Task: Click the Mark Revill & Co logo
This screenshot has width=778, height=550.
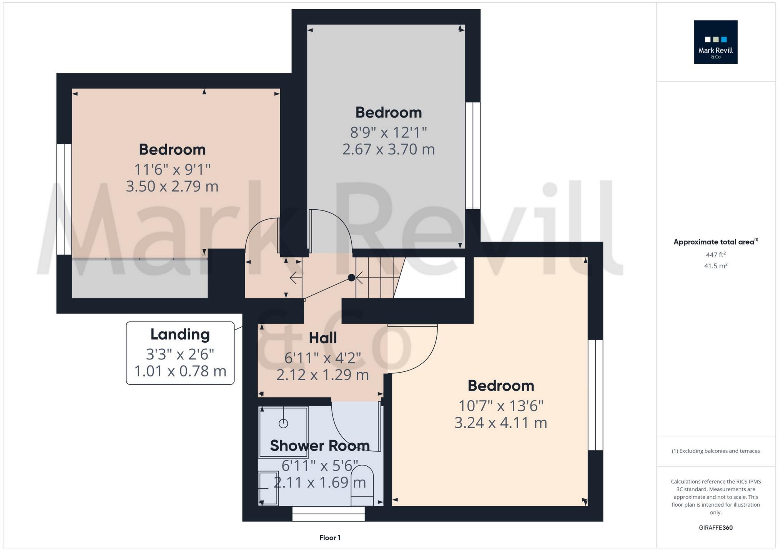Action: click(x=715, y=42)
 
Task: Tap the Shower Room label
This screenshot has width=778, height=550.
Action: click(x=319, y=446)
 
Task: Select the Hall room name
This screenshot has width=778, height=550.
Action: click(x=323, y=338)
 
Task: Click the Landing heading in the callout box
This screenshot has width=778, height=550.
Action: click(x=180, y=334)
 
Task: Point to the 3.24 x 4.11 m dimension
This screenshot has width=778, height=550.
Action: click(x=500, y=422)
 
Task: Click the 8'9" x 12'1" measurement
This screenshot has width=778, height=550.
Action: click(x=388, y=133)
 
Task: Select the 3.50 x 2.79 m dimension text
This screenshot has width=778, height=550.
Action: click(x=172, y=186)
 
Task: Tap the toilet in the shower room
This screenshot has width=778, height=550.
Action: click(x=362, y=485)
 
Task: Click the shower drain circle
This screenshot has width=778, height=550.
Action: click(x=283, y=424)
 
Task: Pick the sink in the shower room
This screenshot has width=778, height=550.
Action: click(x=268, y=488)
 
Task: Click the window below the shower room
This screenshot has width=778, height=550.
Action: click(x=328, y=514)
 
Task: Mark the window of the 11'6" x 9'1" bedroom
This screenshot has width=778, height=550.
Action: click(x=64, y=199)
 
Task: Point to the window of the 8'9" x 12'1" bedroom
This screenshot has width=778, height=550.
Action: click(x=473, y=155)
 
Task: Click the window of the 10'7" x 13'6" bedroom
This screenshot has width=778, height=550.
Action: click(x=595, y=394)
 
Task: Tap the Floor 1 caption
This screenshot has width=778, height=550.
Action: click(x=330, y=538)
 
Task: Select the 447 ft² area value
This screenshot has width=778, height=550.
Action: click(x=715, y=255)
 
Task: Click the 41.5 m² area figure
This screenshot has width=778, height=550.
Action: click(x=715, y=266)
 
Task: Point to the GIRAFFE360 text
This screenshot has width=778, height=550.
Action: click(x=715, y=528)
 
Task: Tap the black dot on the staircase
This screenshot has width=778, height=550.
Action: click(x=351, y=277)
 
